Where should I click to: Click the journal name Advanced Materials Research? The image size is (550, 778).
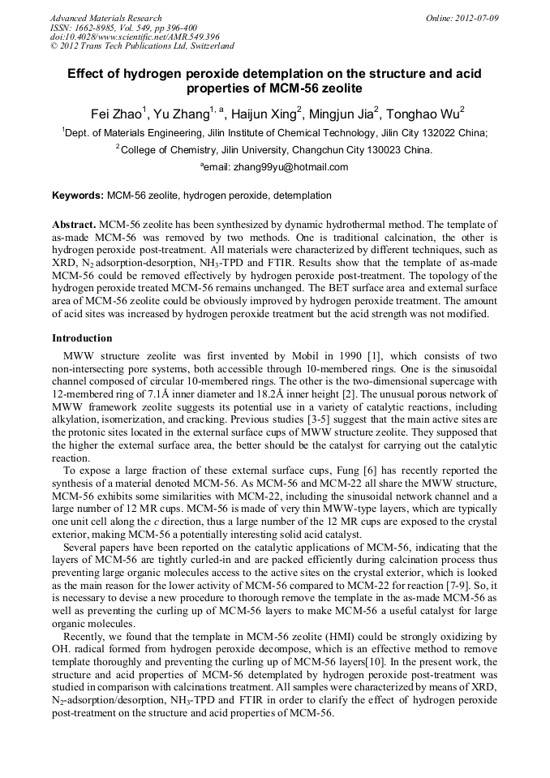(105, 18)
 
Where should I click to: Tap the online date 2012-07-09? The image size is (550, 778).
(478, 18)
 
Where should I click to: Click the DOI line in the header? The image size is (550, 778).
(135, 37)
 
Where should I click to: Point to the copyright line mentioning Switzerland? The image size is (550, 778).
(142, 47)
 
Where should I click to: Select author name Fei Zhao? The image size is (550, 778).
(115, 114)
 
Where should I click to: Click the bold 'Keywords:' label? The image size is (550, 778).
(78, 196)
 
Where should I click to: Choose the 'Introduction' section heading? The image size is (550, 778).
(82, 337)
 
